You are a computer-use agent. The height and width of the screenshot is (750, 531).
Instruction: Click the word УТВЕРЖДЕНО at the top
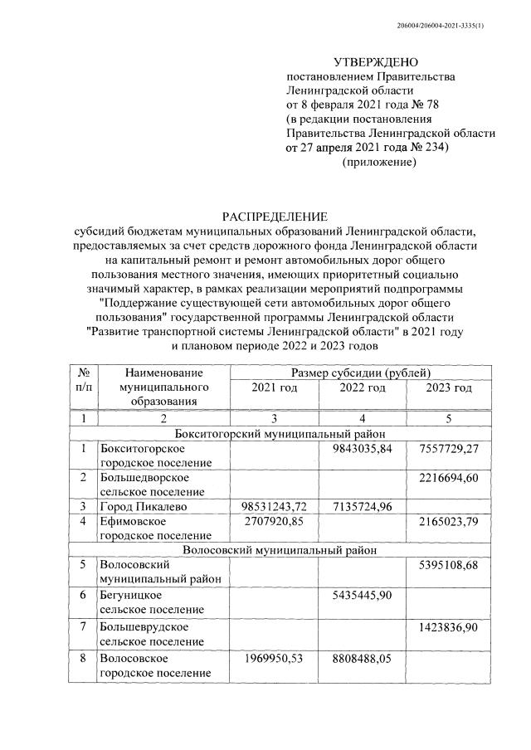376,62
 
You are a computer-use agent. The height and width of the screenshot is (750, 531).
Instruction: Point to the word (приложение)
378,162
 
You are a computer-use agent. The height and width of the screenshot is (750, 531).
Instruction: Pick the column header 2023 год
450,387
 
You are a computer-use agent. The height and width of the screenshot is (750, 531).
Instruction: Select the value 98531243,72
273,505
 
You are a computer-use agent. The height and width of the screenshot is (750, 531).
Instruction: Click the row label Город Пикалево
144,505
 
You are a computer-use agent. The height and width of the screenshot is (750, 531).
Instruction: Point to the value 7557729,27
450,448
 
